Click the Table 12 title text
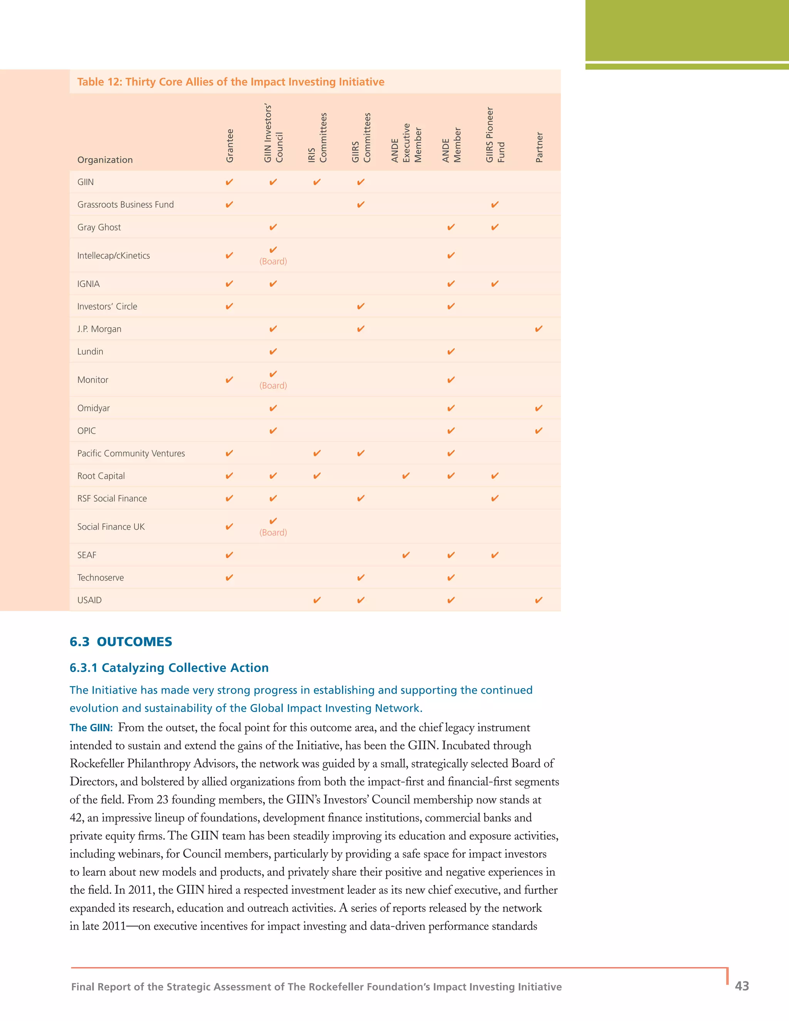click(230, 82)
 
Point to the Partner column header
click(539, 147)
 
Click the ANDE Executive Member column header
click(406, 143)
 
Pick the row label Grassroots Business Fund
click(125, 205)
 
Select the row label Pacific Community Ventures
click(131, 453)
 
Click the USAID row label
click(89, 600)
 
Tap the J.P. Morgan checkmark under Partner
click(539, 329)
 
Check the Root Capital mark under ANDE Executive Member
click(406, 476)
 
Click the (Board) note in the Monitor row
click(274, 386)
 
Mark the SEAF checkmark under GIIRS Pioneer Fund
click(495, 555)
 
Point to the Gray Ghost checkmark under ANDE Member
click(451, 227)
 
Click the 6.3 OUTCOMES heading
click(121, 642)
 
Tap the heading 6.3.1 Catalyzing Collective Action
click(169, 668)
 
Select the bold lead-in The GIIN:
click(91, 728)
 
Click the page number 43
click(742, 986)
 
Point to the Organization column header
click(105, 160)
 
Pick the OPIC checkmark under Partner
click(539, 431)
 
